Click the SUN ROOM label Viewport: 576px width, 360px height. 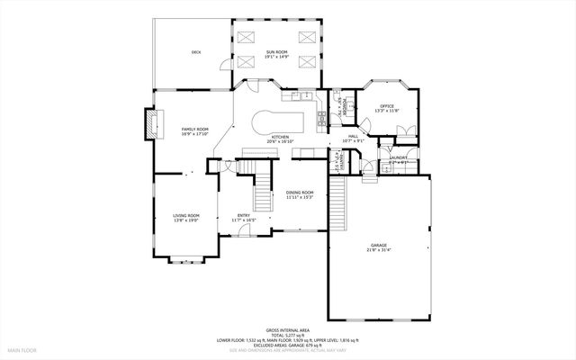tap(275, 52)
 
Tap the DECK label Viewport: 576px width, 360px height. tap(195, 52)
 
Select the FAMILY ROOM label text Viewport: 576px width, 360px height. tap(194, 130)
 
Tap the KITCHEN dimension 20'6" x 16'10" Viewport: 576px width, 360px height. tap(281, 141)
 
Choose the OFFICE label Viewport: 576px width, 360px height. tap(387, 106)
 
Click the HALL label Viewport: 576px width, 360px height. tap(353, 136)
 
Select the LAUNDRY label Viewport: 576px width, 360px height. tap(398, 157)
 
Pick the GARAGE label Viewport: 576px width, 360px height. tap(379, 244)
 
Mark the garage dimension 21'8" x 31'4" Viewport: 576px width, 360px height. tap(379, 249)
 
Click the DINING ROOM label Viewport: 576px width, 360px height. tap(300, 192)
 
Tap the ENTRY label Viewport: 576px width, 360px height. tap(243, 214)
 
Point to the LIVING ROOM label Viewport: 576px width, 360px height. tap(186, 215)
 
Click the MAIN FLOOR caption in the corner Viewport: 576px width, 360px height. tap(22, 349)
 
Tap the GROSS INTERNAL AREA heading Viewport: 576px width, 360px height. tap(287, 330)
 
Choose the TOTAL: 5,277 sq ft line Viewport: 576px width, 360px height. tap(287, 336)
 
